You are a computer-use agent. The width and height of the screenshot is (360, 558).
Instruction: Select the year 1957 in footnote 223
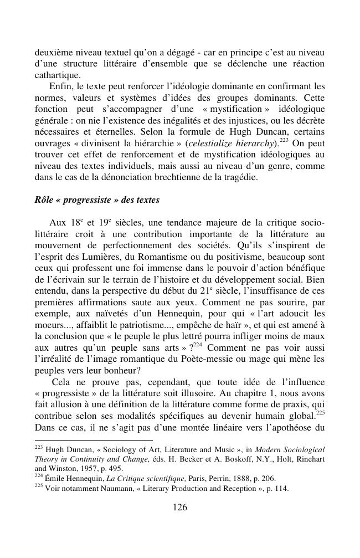pos(83,468)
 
